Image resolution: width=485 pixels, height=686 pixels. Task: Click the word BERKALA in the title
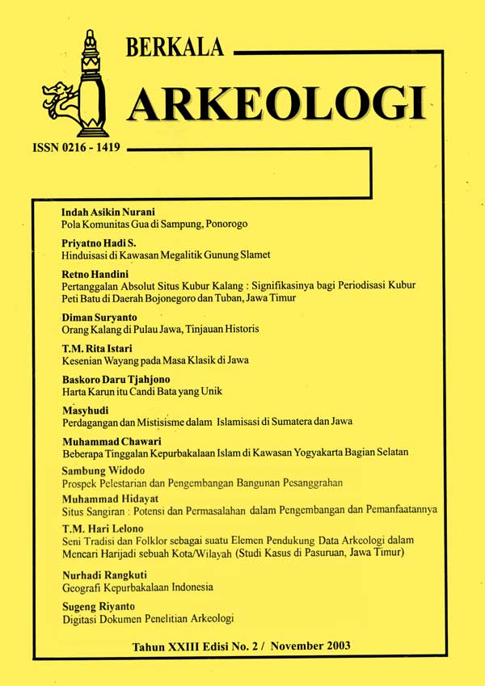point(175,48)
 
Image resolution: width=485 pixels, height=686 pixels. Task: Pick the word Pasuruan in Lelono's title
point(331,553)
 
